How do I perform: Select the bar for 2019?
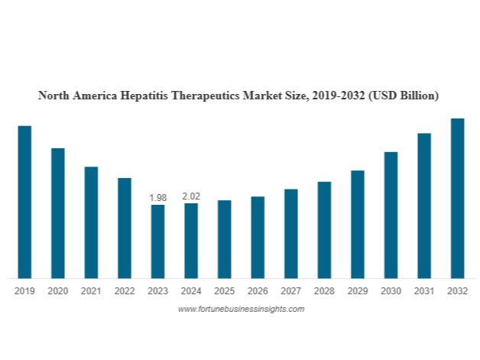tap(24, 202)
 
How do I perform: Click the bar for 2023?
tap(157, 241)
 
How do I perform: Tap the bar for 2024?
tap(191, 240)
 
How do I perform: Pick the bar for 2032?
tap(457, 198)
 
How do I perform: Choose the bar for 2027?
tap(290, 233)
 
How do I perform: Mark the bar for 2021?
tap(91, 222)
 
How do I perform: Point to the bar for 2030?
tap(391, 215)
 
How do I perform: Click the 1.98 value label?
tap(157, 198)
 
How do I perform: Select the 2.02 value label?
tap(191, 196)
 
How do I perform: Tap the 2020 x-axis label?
tap(58, 291)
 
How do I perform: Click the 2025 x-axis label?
tap(224, 291)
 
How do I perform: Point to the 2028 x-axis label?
tap(324, 291)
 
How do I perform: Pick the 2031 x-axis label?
tap(424, 291)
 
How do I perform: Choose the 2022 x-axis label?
tap(125, 291)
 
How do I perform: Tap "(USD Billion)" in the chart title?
tap(402, 96)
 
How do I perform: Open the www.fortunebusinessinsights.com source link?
tap(241, 309)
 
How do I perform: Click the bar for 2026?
tap(258, 237)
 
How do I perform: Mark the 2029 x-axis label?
tap(358, 291)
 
